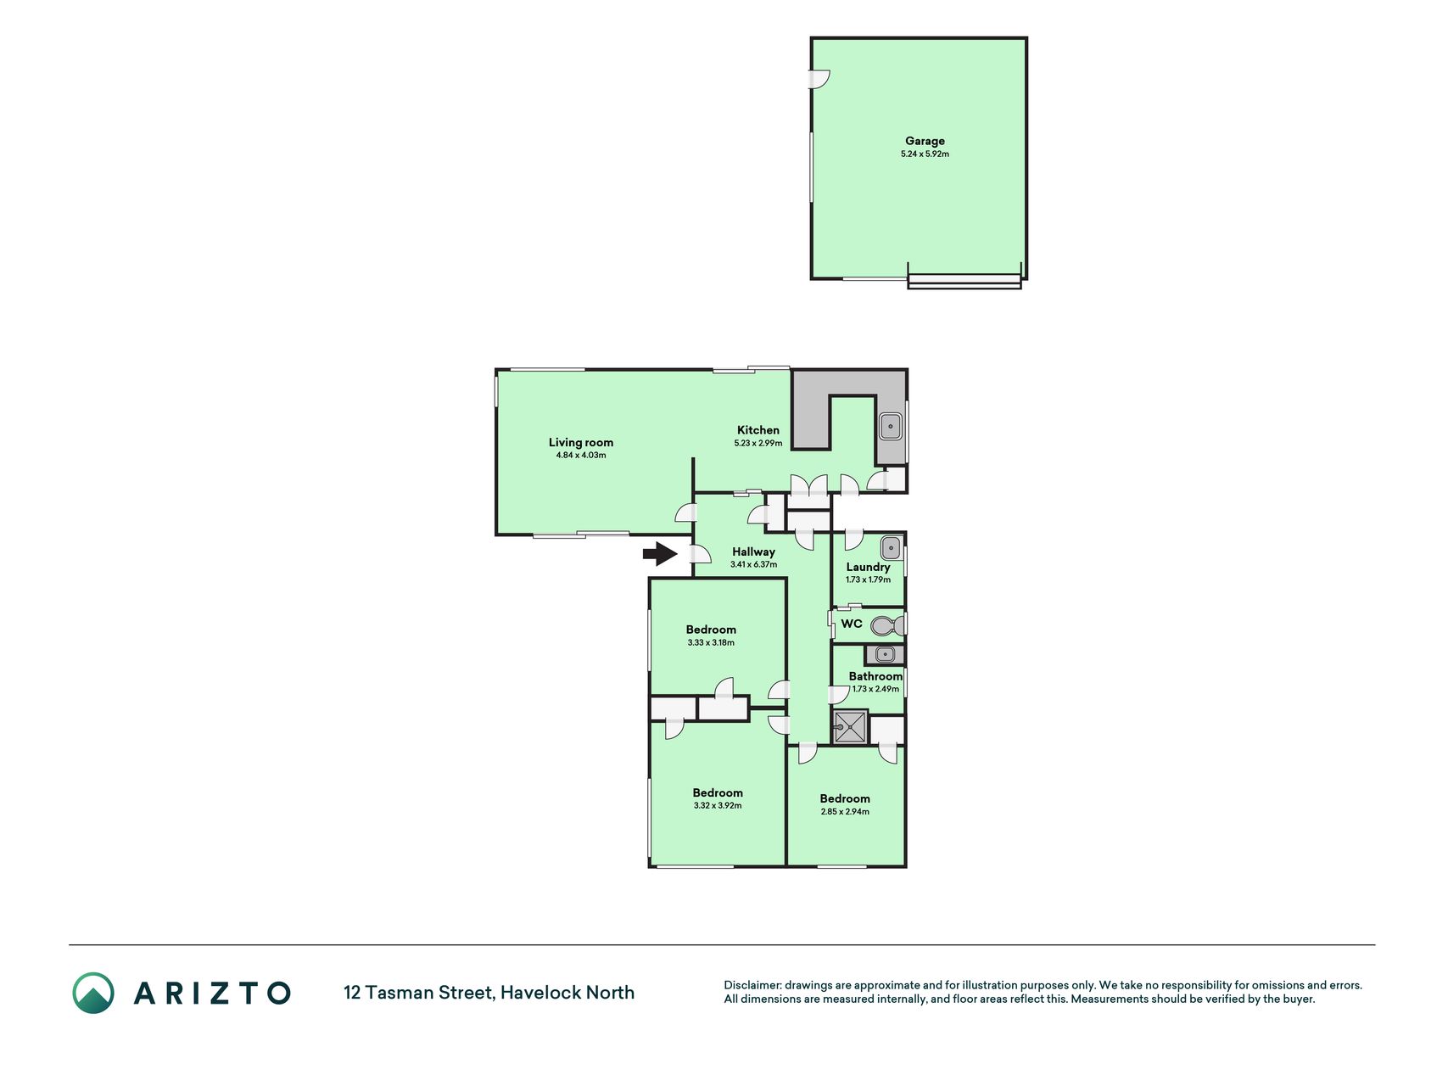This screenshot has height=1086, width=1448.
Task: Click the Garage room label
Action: pos(925,141)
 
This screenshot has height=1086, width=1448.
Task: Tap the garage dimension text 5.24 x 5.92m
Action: pos(925,154)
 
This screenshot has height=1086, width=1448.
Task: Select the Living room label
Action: pos(581,442)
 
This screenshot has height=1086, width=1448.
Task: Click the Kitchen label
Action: pos(758,430)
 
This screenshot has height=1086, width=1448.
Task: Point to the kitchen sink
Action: pos(890,426)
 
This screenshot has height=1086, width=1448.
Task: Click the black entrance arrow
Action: pos(660,555)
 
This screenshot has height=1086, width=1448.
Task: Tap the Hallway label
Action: pos(754,551)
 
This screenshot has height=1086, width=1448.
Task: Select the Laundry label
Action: pos(868,567)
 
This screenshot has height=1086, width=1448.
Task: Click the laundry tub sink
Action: pos(891,548)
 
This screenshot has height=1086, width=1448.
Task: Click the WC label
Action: pos(852,624)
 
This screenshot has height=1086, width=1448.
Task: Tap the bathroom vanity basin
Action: pos(885,654)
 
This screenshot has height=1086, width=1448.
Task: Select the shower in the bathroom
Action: pos(850,727)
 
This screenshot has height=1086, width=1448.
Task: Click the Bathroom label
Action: pos(875,676)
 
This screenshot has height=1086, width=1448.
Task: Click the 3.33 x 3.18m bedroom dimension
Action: pos(711,643)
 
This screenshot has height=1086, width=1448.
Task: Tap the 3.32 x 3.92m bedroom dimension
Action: pos(718,806)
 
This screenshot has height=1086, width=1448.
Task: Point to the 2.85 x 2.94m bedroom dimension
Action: pos(845,812)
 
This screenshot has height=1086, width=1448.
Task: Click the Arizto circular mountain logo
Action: pos(93,993)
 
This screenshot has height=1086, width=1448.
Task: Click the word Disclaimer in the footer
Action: pos(752,985)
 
